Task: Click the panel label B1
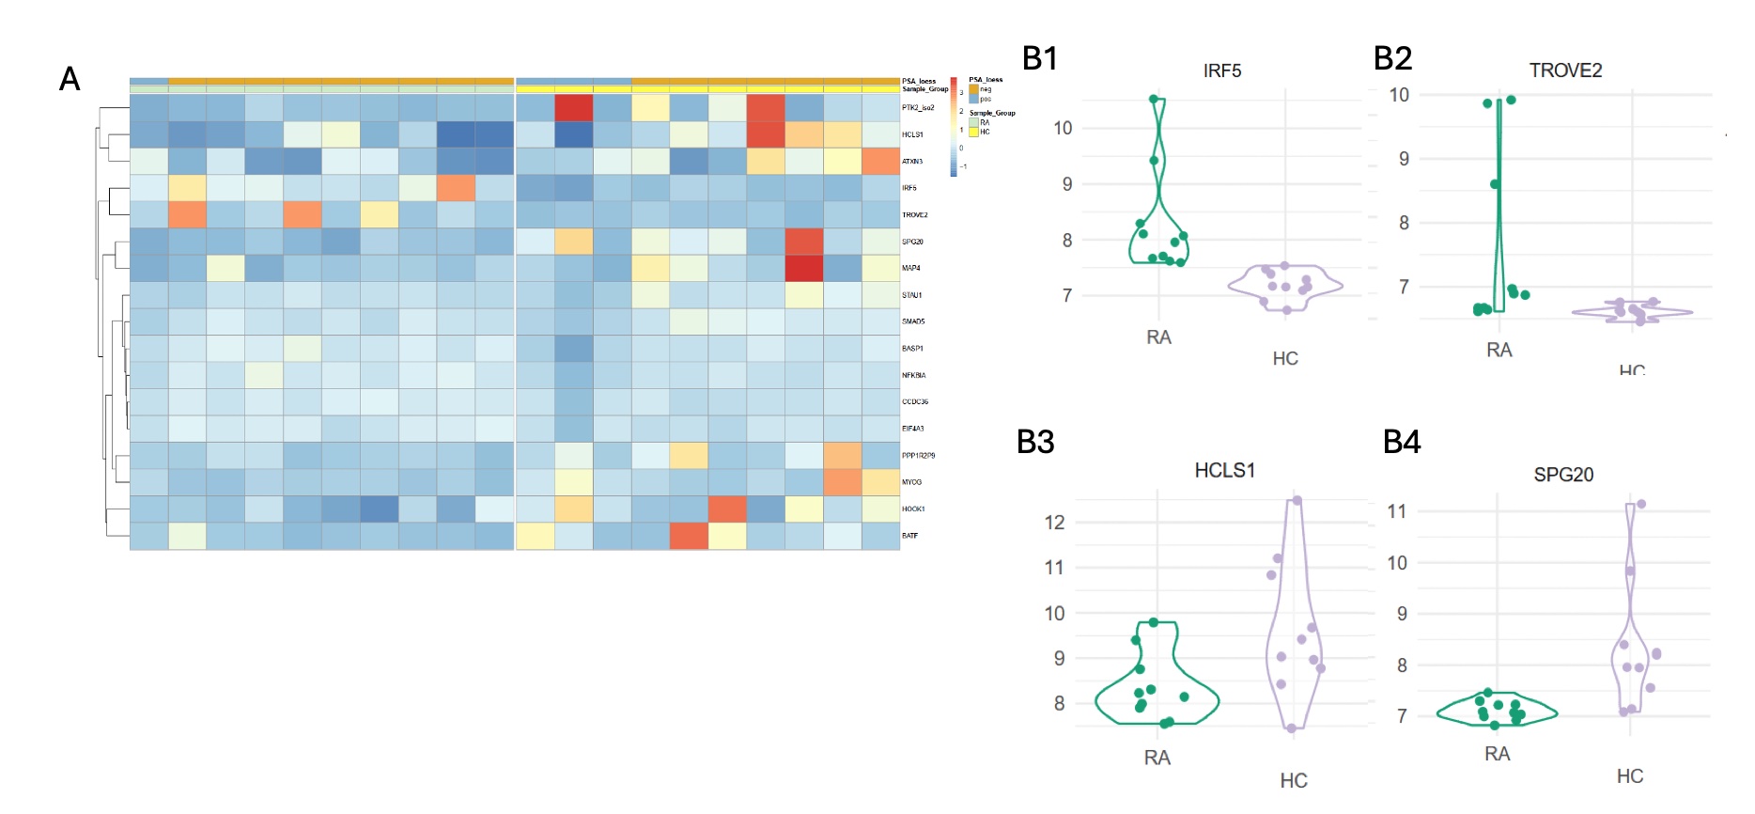1039,58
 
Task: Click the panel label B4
1401,442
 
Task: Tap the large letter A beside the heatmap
70,79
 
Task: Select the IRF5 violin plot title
1221,70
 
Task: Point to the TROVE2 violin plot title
1564,70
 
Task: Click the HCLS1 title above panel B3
1224,470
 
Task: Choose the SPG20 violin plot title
1563,475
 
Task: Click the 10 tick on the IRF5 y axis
1063,128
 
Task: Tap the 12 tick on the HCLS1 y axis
1055,523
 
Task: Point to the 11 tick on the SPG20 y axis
1397,511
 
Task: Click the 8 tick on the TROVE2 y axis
1404,223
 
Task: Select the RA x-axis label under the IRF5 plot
1158,337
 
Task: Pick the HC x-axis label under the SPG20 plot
1630,776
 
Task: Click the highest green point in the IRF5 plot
1154,99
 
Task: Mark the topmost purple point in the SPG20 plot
1641,504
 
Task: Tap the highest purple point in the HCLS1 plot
1297,500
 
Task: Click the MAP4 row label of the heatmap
910,269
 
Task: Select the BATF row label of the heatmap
909,536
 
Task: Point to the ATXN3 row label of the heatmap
912,162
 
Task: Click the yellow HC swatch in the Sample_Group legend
974,133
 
